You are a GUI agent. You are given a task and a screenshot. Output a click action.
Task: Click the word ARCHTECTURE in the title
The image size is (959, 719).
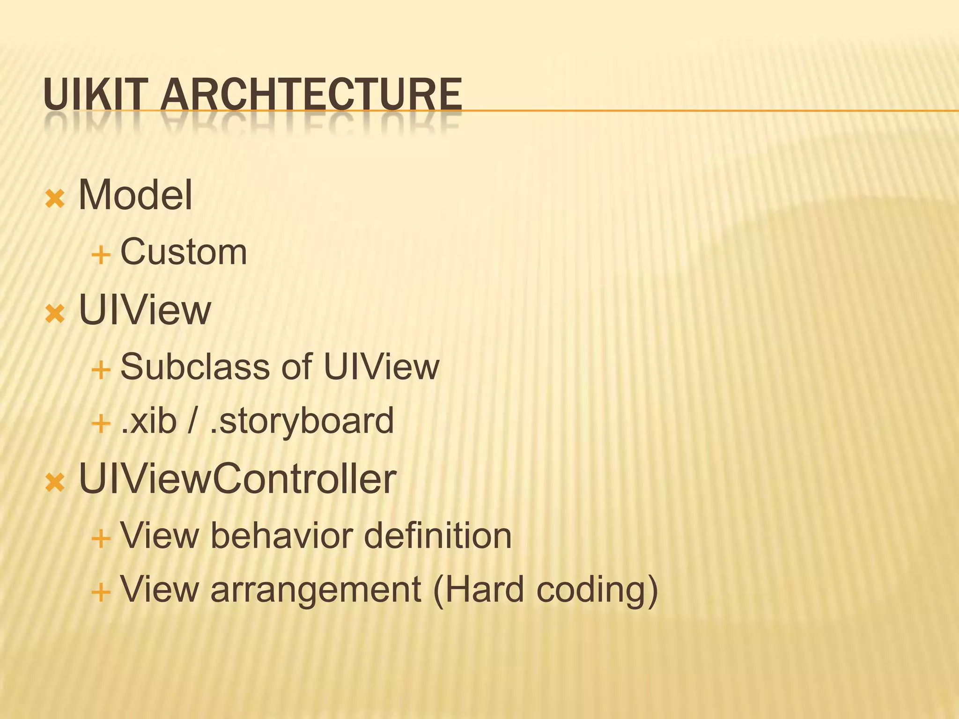311,95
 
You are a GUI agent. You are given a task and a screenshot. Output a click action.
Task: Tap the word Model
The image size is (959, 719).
135,195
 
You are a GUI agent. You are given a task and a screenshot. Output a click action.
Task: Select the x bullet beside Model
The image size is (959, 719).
55,199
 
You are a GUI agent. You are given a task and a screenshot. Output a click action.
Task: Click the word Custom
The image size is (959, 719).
184,252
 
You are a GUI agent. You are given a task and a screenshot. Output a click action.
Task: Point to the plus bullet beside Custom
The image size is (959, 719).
101,256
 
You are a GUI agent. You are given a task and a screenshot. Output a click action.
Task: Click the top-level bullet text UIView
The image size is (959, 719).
145,310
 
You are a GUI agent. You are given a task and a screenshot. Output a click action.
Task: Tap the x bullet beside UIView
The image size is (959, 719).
55,315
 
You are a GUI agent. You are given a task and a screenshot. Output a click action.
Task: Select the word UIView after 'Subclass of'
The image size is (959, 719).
381,367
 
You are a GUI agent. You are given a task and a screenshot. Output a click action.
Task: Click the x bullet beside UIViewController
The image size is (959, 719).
55,483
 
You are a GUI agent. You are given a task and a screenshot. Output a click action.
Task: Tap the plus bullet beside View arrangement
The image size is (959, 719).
101,593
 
